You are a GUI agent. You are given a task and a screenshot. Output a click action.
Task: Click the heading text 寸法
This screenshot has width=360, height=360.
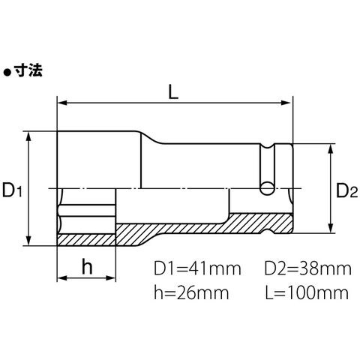point(28,70)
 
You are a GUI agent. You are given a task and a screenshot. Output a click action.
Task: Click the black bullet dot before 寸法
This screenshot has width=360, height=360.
point(7,73)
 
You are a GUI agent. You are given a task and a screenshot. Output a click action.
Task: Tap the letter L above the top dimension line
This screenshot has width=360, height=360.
point(173,92)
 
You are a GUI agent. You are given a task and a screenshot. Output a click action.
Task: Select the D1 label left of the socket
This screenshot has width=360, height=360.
point(12,190)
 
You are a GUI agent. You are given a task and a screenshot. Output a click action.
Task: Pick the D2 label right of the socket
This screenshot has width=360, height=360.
point(347,190)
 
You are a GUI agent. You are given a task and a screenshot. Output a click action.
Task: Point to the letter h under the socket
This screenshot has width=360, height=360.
point(87,267)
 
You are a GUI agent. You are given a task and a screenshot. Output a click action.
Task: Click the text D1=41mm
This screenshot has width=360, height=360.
point(197,268)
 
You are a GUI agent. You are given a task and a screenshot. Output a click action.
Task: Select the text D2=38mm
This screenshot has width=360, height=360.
point(308,268)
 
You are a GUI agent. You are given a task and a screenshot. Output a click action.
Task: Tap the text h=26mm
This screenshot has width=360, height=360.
point(191,292)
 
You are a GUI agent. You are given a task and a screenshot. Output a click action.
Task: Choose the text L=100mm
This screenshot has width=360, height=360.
point(307,292)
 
